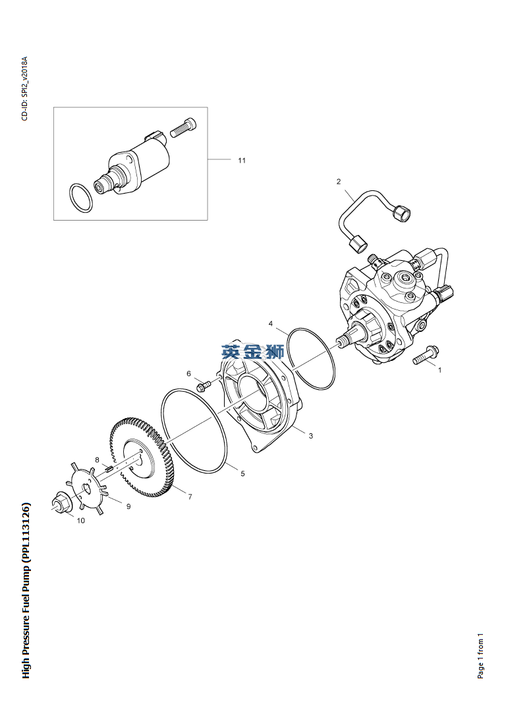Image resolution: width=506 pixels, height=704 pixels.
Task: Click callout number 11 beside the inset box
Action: pyautogui.click(x=242, y=160)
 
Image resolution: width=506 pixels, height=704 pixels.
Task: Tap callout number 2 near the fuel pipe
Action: pyautogui.click(x=339, y=181)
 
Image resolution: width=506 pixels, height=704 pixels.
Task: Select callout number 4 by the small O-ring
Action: pyautogui.click(x=271, y=323)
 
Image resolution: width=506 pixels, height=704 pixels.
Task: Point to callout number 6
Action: pyautogui.click(x=188, y=373)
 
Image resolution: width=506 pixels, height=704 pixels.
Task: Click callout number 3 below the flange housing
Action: pyautogui.click(x=310, y=435)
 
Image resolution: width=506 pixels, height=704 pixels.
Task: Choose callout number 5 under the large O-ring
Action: pyautogui.click(x=242, y=474)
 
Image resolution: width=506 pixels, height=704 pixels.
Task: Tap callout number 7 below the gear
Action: pyautogui.click(x=190, y=497)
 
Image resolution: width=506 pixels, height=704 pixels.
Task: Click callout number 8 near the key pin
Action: pyautogui.click(x=97, y=460)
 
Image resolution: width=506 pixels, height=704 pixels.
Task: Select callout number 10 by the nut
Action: pyautogui.click(x=80, y=520)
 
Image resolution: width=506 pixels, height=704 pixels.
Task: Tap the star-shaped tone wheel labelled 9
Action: pyautogui.click(x=87, y=488)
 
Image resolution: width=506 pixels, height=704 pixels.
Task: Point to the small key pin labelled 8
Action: pyautogui.click(x=108, y=470)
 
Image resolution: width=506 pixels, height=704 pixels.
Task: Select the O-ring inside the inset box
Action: pyautogui.click(x=81, y=198)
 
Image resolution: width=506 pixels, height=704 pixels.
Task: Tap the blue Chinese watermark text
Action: pyautogui.click(x=252, y=352)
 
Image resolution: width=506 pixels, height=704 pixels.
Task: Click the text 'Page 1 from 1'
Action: pyautogui.click(x=481, y=656)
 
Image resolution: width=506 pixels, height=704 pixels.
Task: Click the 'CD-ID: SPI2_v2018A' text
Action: pyautogui.click(x=25, y=88)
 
